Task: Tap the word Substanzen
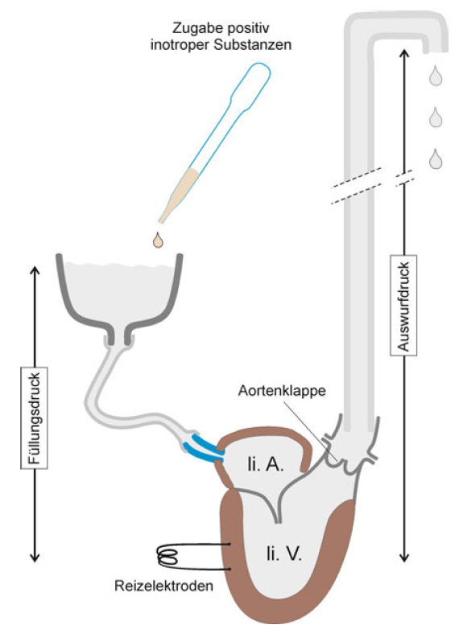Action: coord(253,45)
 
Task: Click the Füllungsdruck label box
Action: coord(34,417)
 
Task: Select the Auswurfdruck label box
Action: coord(403,305)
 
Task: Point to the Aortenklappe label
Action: coord(282,391)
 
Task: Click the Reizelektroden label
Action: coord(163,586)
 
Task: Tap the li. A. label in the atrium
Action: coord(266,465)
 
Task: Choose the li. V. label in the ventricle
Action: coord(284,554)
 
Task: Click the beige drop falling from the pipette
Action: coord(158,240)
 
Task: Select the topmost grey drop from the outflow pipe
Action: coord(436,76)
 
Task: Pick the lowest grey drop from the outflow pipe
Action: coord(436,159)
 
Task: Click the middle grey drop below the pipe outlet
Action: coord(436,117)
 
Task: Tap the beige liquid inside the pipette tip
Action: coord(180,193)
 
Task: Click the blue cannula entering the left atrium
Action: coord(203,448)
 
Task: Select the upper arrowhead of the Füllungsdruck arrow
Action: coord(35,269)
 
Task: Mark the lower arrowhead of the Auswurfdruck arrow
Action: coord(404,557)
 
